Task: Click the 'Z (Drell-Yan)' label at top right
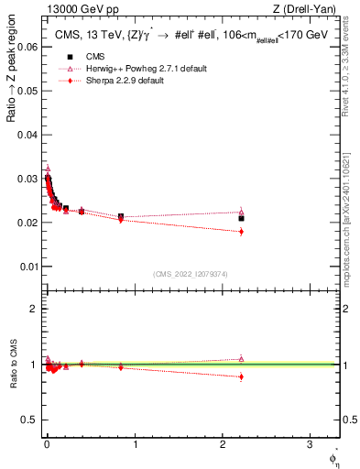click(x=305, y=9)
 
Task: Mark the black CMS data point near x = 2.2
click(x=241, y=218)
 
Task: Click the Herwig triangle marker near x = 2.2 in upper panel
click(x=241, y=212)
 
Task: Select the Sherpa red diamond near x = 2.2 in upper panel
click(x=241, y=232)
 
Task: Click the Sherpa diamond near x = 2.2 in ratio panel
click(x=241, y=376)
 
